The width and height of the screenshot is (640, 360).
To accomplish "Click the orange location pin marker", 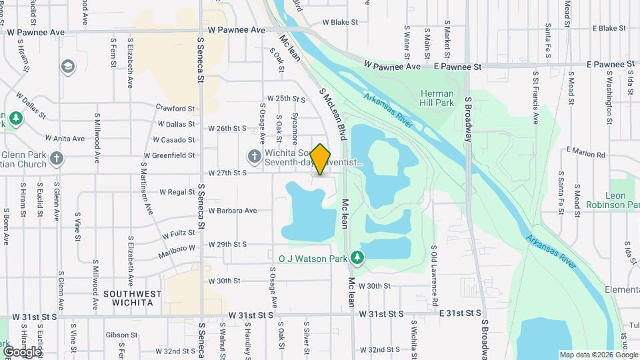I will coord(321,159).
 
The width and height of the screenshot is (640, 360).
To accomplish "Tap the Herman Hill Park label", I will coord(437,98).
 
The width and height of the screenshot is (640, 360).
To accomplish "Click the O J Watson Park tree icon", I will coord(358,257).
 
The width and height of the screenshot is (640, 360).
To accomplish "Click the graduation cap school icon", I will coord(67,66).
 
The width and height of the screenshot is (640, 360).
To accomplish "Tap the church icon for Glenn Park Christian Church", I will coord(57,158).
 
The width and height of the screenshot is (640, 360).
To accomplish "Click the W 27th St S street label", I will coord(227,172).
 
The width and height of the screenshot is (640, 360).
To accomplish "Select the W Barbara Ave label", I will coord(232,211).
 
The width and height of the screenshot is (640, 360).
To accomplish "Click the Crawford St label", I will coord(175,108).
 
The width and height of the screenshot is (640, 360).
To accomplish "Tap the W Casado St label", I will coord(174,140).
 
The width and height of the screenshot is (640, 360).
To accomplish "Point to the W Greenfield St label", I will coord(169,156).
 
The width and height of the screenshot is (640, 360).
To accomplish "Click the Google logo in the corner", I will coord(22,352).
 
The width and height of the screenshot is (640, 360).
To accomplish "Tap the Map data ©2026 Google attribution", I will coord(598,355).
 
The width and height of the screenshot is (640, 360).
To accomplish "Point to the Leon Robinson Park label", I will coord(613,200).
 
